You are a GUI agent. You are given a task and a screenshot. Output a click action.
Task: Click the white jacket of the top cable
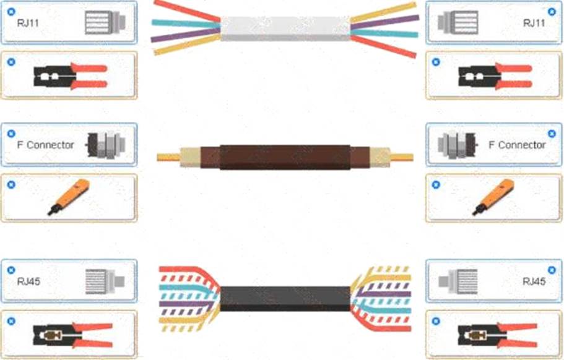(x=285, y=28)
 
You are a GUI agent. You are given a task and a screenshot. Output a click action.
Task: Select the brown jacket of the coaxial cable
(x=285, y=156)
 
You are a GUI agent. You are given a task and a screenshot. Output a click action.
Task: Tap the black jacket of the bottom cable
(x=285, y=299)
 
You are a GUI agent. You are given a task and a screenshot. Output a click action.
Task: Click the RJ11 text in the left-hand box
(x=28, y=23)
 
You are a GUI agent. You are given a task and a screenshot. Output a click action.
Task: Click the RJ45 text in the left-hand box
(x=28, y=282)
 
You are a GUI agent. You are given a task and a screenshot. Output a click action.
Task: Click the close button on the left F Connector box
(x=11, y=134)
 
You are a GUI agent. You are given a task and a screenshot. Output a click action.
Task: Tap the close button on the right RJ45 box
(x=552, y=270)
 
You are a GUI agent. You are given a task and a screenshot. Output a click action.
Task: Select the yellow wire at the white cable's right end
(x=384, y=13)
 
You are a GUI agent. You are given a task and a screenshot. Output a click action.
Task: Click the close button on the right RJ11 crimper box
(x=436, y=62)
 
